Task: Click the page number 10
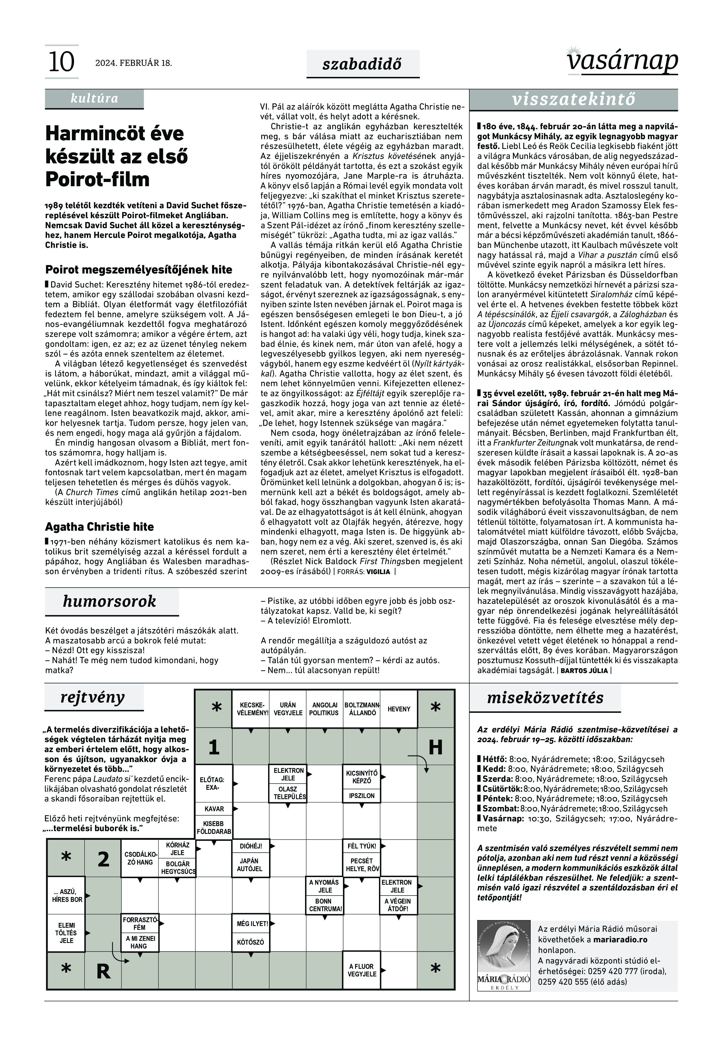click(61, 62)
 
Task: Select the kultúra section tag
click(94, 98)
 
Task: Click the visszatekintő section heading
click(573, 99)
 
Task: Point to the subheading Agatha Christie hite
click(99, 526)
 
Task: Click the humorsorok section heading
click(109, 601)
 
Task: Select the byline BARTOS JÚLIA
click(584, 671)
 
